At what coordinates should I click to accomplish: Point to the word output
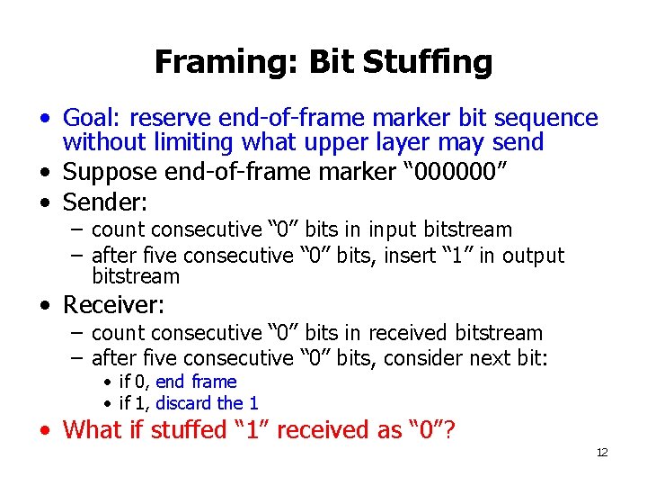click(x=534, y=256)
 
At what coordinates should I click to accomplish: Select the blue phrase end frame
click(x=196, y=382)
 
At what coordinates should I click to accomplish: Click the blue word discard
click(x=183, y=403)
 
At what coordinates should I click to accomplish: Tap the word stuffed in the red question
click(x=190, y=430)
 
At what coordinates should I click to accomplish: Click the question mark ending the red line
click(x=449, y=430)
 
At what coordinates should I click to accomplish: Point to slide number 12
click(x=601, y=453)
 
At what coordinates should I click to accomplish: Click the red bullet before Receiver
click(x=44, y=305)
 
